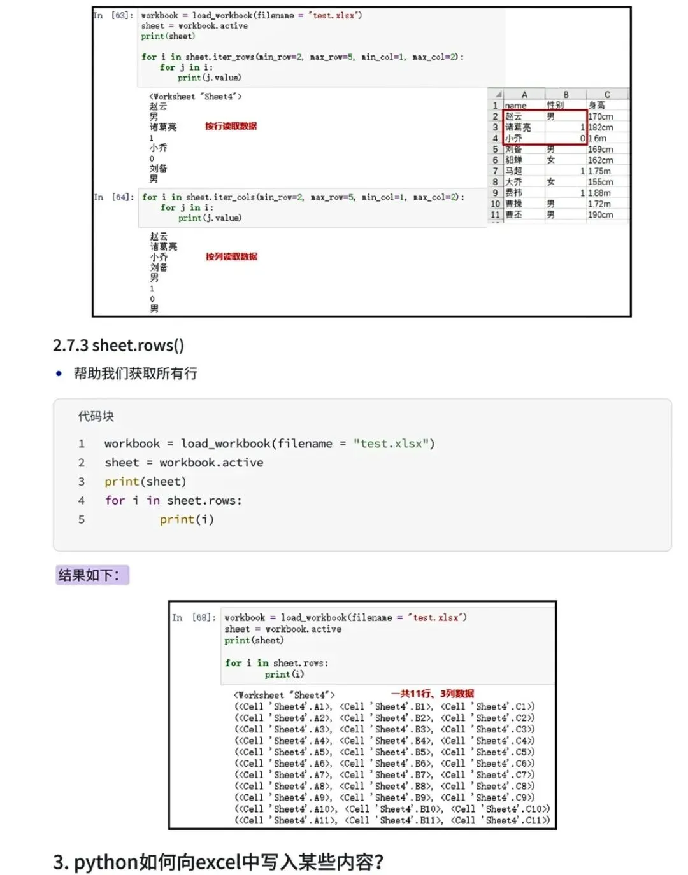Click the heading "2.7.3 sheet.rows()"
118,346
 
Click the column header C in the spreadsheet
607,94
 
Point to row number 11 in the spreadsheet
495,215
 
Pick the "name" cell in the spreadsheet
516,106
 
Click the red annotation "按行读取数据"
231,126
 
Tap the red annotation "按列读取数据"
231,256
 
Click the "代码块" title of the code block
96,416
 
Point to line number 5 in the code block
82,519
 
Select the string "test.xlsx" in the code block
394,444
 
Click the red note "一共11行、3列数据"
433,694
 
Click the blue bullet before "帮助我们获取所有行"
59,374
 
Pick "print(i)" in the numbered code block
187,519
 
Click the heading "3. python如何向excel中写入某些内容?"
219,862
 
